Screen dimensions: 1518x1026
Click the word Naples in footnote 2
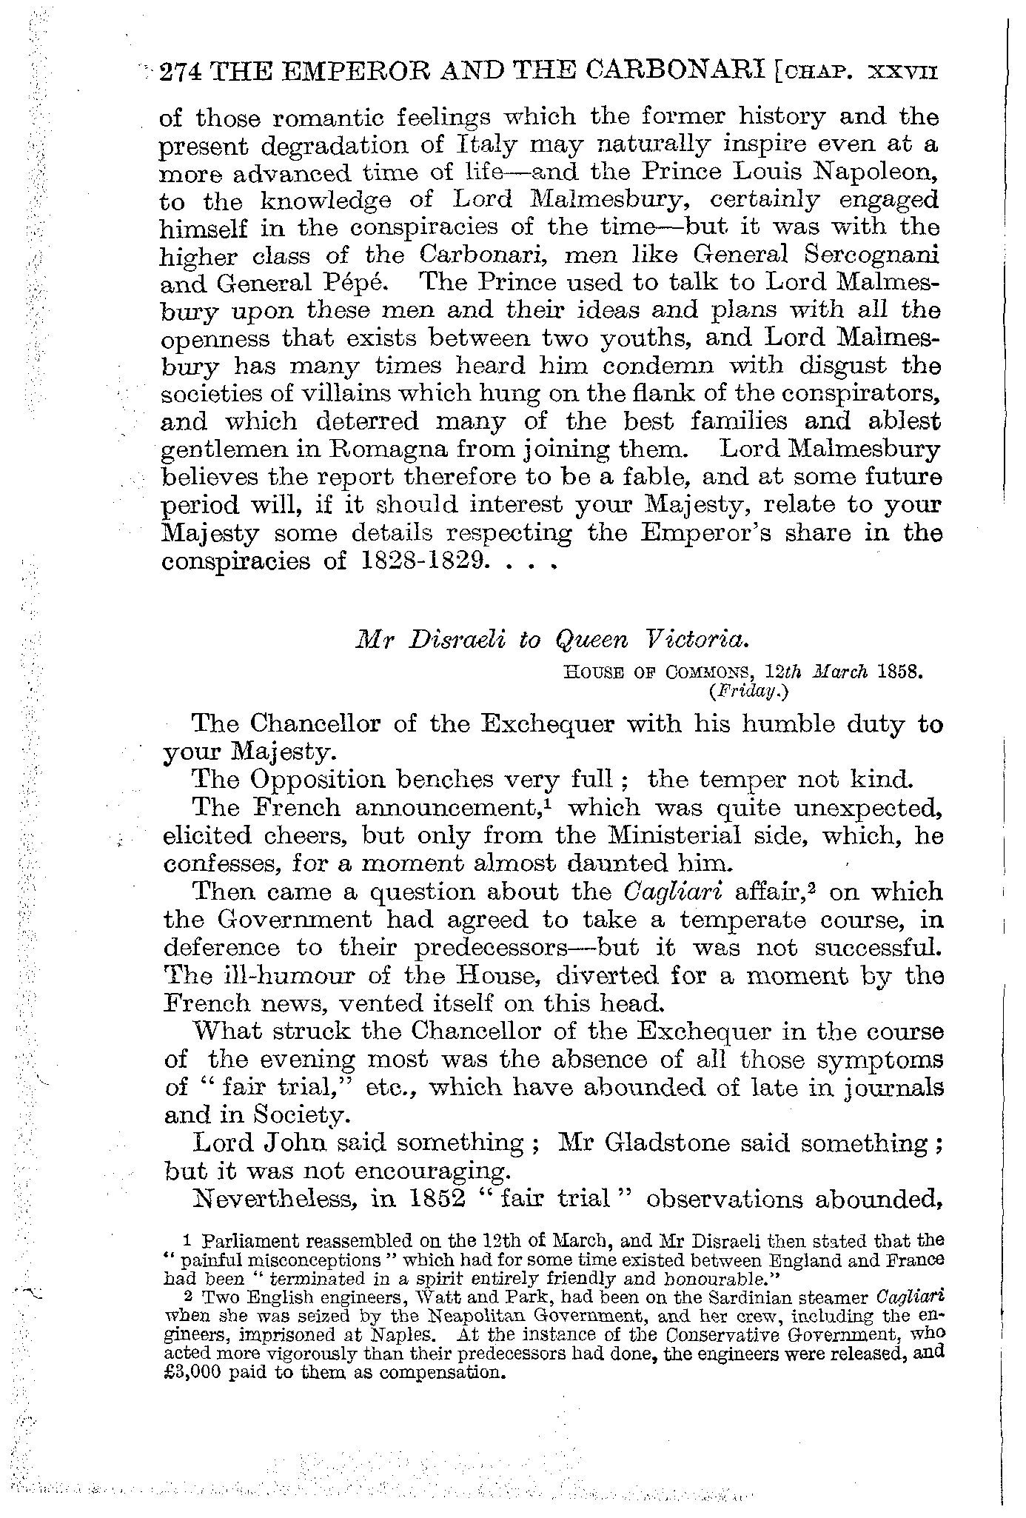(408, 1335)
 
